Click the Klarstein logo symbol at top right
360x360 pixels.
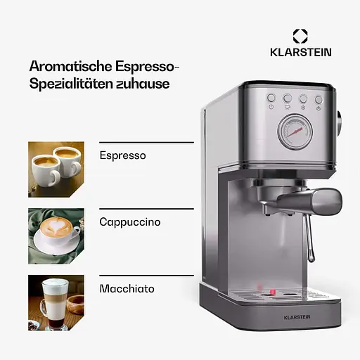(300, 36)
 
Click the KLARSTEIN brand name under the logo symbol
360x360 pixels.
(300, 52)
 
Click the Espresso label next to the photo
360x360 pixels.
(123, 155)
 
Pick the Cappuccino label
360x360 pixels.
(130, 221)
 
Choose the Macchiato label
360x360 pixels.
(127, 288)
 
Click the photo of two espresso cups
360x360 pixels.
(56, 165)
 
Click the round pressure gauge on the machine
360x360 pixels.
(293, 131)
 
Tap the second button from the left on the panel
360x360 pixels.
(287, 99)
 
